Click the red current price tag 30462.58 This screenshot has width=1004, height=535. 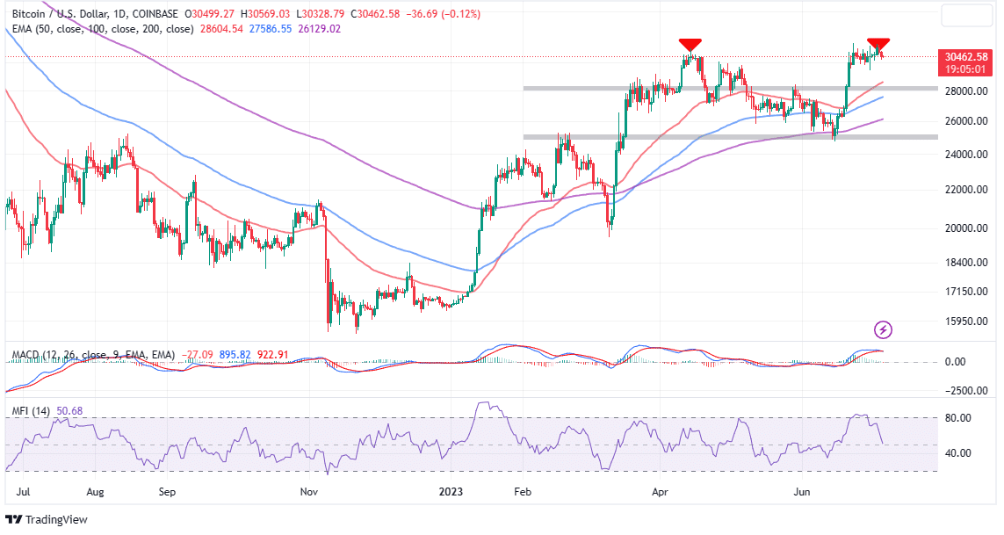click(x=966, y=56)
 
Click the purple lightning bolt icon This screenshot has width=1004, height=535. click(x=884, y=330)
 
